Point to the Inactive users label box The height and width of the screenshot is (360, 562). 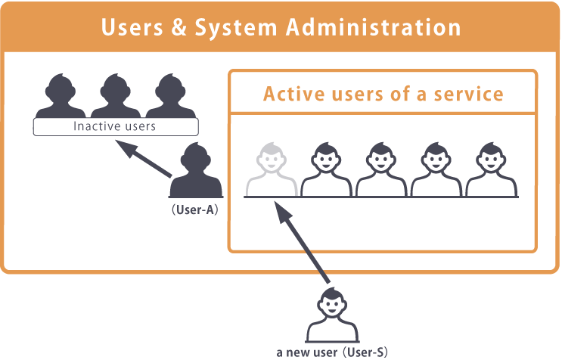coord(114,126)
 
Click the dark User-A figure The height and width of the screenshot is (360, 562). coord(196,173)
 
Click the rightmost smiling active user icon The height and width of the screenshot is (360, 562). coord(489,170)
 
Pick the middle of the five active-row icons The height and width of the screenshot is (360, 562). coord(380,170)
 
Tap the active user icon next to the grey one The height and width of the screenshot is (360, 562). coord(326,170)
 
